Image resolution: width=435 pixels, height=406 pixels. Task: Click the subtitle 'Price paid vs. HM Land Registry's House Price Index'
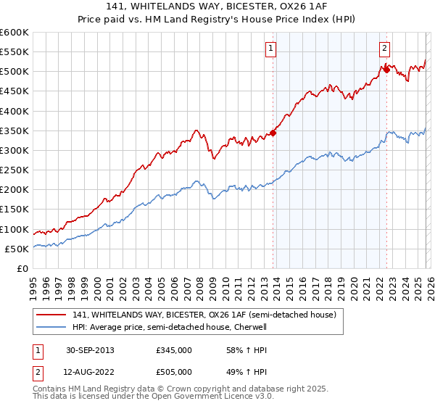(217, 20)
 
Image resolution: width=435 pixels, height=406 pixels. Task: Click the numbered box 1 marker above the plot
(270, 49)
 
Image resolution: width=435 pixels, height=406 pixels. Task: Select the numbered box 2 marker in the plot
(384, 49)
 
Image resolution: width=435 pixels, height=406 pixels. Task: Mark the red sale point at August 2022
(386, 70)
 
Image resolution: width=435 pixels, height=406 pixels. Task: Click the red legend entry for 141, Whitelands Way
(204, 315)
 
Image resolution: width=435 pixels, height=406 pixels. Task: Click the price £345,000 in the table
(174, 350)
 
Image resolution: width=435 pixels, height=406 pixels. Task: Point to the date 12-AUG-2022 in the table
(88, 373)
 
